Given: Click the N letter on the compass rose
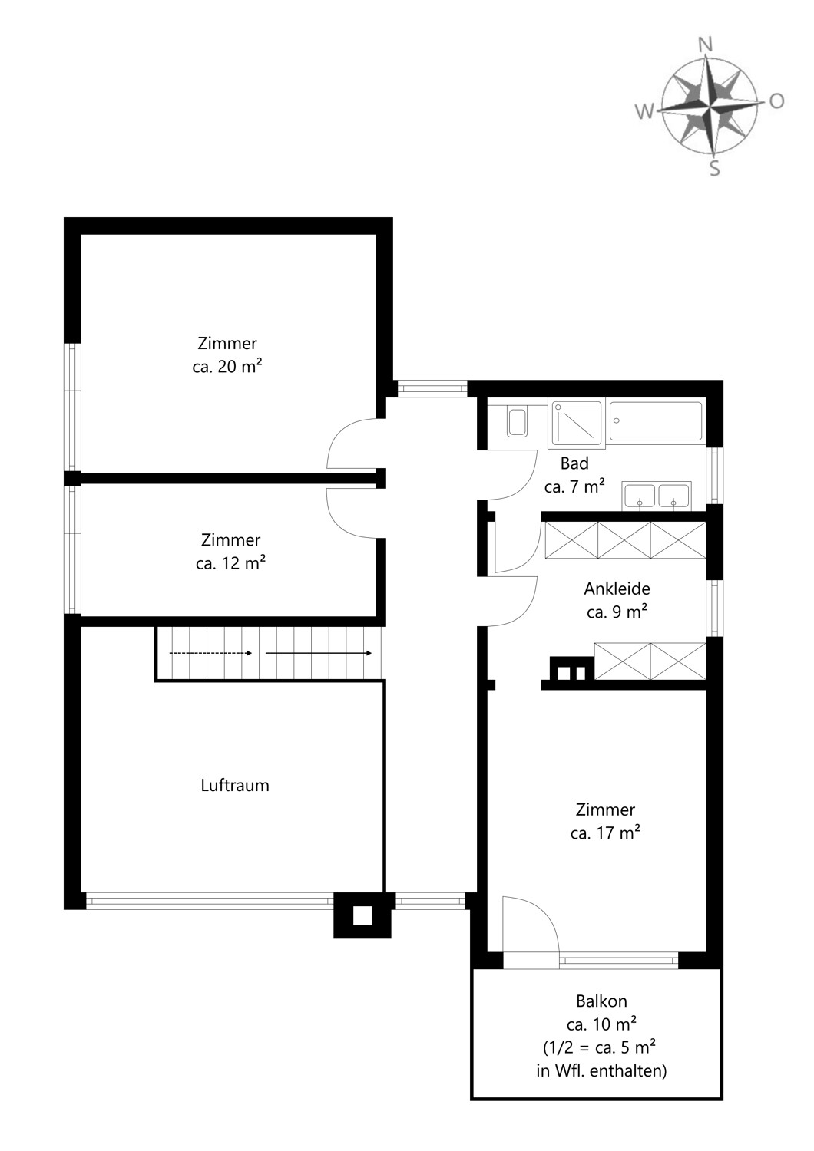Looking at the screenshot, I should [x=705, y=45].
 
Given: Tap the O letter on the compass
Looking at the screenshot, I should [x=776, y=101].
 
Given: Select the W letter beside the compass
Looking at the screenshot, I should [x=644, y=112].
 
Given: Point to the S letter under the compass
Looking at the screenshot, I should [x=714, y=168].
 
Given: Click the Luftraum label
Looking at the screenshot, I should [x=234, y=785].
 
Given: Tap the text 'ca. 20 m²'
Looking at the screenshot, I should [x=227, y=366].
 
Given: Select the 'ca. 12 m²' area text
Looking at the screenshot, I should [x=230, y=563].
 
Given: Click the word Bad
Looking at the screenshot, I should [x=574, y=463].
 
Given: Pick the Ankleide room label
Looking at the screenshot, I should [x=617, y=589].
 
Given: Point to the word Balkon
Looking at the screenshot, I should [x=601, y=1001].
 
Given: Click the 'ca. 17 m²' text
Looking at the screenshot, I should [x=605, y=833].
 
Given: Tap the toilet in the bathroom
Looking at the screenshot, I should [x=517, y=422].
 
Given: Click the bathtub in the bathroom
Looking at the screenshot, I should [x=657, y=422].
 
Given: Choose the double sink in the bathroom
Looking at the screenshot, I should [x=657, y=496].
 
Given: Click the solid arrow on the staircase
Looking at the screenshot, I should [x=319, y=653].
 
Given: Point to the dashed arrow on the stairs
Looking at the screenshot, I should [x=210, y=653].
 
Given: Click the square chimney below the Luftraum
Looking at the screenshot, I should [x=362, y=915].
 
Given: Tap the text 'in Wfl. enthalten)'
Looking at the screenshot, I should [x=601, y=1070].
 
